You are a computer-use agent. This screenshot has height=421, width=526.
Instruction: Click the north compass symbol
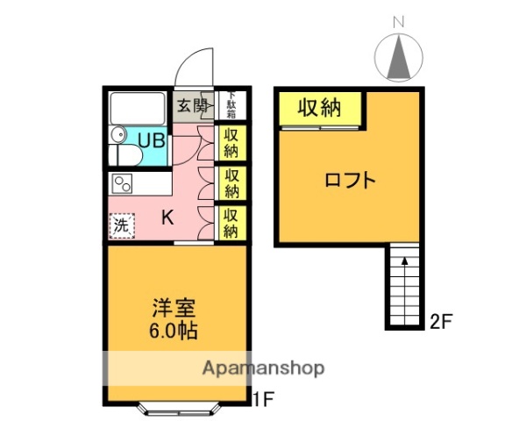coord(401,58)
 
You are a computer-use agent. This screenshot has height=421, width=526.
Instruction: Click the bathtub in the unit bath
coord(138,109)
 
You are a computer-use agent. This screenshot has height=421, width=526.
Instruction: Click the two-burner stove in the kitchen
coord(123,184)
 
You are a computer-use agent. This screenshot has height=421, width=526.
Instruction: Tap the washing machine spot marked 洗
coord(122,225)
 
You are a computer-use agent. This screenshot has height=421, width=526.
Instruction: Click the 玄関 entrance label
coord(193,106)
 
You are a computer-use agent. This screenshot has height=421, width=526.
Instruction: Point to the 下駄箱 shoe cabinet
coord(231,106)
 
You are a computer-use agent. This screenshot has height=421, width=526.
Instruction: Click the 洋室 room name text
coord(174,310)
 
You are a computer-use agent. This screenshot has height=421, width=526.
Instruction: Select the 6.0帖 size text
coord(174,332)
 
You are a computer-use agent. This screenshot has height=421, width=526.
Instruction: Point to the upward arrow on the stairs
coord(404,259)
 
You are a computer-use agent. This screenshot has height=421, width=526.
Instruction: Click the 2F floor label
coord(440,321)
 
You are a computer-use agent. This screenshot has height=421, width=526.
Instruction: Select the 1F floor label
coord(264,400)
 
